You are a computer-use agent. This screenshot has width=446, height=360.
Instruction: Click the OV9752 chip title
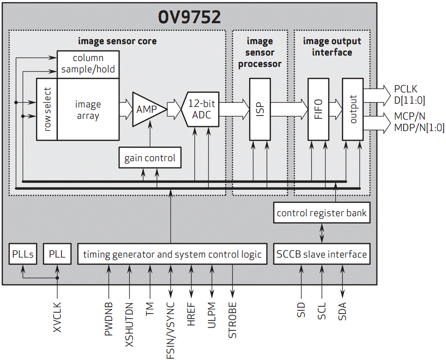(x=189, y=17)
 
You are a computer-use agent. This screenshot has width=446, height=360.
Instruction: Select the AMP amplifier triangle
(x=147, y=110)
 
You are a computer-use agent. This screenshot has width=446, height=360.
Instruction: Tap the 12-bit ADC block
(x=201, y=109)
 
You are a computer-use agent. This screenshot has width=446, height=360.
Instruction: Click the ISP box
(x=260, y=109)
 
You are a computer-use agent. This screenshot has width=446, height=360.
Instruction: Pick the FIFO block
(x=318, y=109)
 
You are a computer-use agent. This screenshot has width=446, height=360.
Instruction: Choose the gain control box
(x=150, y=158)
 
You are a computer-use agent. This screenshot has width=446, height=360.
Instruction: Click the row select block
(x=47, y=110)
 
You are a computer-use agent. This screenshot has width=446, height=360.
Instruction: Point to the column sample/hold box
(x=88, y=64)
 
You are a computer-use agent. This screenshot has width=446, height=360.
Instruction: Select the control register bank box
(x=321, y=213)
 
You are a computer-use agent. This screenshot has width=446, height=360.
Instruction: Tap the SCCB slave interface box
(x=321, y=254)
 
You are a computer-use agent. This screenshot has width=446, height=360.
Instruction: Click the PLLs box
(x=23, y=254)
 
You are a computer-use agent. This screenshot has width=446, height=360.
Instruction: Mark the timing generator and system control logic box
(x=172, y=254)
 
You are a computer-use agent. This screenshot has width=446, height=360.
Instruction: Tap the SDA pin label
(x=342, y=311)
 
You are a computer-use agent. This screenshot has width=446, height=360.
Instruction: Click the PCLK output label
(x=406, y=89)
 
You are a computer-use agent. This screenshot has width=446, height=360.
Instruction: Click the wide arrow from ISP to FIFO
(x=289, y=109)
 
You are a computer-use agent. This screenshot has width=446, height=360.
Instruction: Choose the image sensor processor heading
(x=260, y=52)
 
